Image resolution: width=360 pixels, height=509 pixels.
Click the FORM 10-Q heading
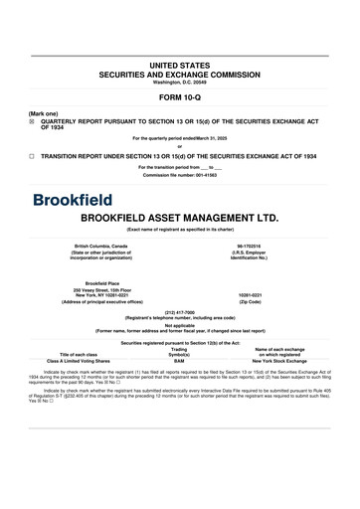pos(180,99)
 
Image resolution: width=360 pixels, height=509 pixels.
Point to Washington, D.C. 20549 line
pos(180,81)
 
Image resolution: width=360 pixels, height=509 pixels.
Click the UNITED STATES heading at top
pos(180,64)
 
